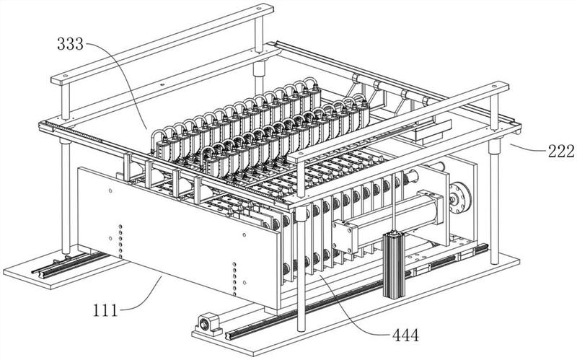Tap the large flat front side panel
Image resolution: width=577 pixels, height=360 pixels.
(x=180, y=231)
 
